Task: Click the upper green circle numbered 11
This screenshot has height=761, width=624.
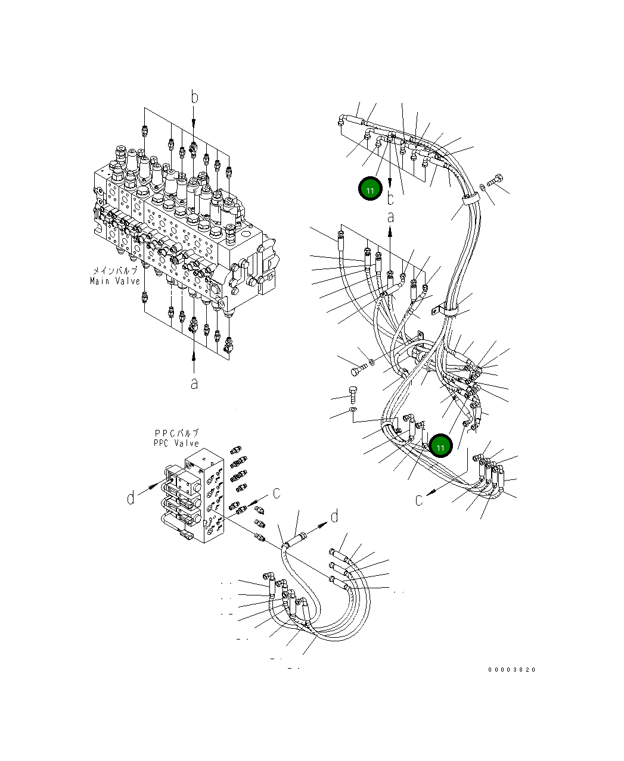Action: [x=370, y=188]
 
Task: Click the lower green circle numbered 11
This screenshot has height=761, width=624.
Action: [x=440, y=445]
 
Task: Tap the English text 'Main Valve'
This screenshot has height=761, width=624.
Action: [x=115, y=280]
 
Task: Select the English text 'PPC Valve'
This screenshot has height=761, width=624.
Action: [x=176, y=443]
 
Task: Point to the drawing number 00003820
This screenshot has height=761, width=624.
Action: [x=512, y=670]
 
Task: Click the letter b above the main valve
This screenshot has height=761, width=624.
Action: [x=195, y=97]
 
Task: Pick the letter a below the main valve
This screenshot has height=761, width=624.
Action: [x=194, y=383]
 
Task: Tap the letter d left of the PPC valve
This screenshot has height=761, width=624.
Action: [x=131, y=498]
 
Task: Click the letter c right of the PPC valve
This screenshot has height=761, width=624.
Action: [x=277, y=493]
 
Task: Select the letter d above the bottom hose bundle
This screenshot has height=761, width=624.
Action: [x=335, y=516]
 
